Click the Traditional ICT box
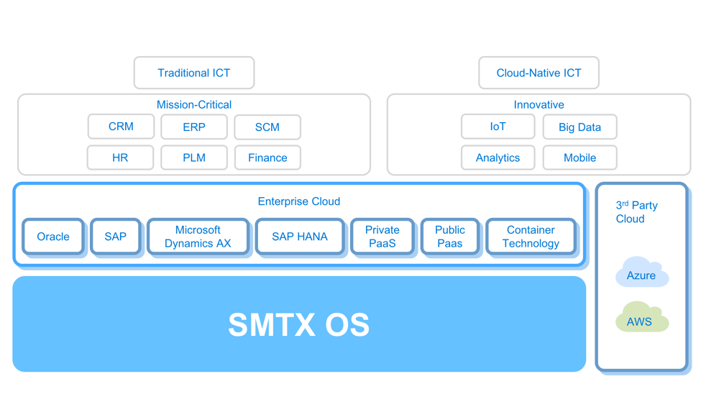pos(194,73)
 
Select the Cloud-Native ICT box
pos(539,73)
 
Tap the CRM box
pos(121,127)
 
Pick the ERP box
pos(194,127)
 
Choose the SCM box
pos(267,127)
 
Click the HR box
pos(120,157)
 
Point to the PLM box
pos(194,157)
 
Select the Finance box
pos(267,157)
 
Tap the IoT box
pos(498,127)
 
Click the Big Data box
pos(579,127)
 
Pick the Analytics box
pos(498,157)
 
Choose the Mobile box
pos(579,157)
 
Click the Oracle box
pos(53,237)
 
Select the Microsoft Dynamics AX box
pos(198,237)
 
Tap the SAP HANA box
pos(300,237)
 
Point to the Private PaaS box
pos(382,237)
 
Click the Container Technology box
pos(531,237)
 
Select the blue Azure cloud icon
pos(641,273)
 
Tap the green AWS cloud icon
pos(641,319)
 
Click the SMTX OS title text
pos(298,325)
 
